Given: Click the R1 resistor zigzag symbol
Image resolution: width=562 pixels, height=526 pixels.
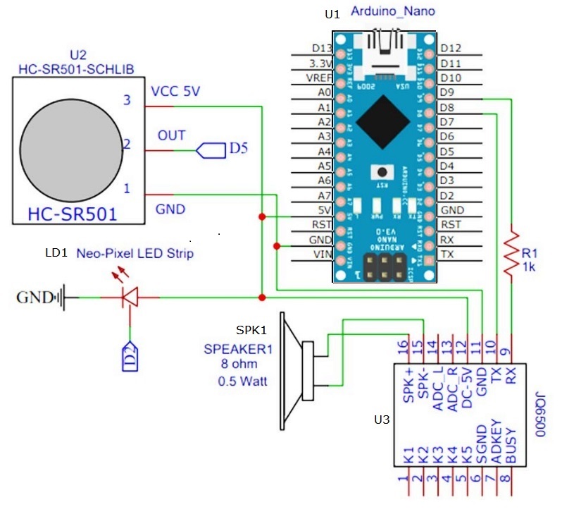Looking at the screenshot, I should coord(512,251).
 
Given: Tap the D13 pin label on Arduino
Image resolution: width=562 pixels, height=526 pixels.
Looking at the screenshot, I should coord(321,48).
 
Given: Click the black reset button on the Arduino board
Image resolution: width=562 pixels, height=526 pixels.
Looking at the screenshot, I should coord(383,171).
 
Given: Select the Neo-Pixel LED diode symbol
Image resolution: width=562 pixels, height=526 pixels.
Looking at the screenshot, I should coord(130,298).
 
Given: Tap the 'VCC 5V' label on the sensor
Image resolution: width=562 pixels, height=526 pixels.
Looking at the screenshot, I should coord(175,92).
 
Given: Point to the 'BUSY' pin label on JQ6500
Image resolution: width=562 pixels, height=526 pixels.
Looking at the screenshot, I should coord(511,445).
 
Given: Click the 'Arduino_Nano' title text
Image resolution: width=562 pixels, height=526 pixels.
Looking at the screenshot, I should coord(391,11).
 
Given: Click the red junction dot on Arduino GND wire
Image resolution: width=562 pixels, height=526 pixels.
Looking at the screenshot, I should coord(275,246).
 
